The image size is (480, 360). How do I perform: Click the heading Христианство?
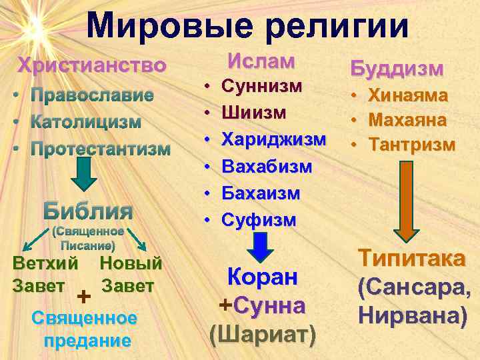(x=92, y=66)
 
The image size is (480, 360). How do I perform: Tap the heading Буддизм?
(x=397, y=68)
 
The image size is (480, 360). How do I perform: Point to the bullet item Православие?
(x=92, y=95)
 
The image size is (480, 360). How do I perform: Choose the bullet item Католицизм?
(x=86, y=122)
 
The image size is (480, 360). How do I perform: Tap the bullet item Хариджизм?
(x=273, y=140)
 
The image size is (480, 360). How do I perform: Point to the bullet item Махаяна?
(x=407, y=121)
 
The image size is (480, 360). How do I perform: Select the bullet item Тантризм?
(x=411, y=145)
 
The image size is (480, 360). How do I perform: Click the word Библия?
(x=88, y=211)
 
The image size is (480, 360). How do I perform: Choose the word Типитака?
(x=412, y=259)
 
